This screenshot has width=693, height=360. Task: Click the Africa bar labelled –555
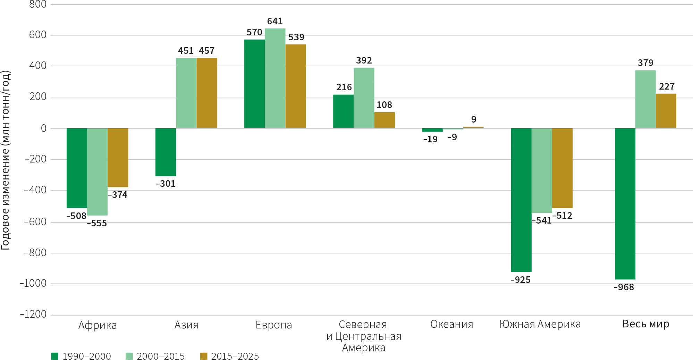97,171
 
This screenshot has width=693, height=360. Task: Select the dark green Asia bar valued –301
166,152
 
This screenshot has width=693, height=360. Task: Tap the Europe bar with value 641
275,78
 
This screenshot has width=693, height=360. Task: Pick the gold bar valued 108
384,120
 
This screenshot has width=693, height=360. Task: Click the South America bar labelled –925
521,200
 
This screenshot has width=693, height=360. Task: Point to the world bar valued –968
625,203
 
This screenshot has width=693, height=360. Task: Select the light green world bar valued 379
645,99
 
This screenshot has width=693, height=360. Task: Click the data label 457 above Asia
206,51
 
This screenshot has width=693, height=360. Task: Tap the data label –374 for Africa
118,195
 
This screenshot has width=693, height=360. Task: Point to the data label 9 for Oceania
474,119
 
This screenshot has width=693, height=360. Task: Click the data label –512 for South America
562,216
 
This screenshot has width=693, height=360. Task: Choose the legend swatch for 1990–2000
54,356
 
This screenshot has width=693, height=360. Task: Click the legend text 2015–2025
235,356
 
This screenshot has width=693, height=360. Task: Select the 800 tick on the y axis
38,5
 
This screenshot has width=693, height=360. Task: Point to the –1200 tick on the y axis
33,314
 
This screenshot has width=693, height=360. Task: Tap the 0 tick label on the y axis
43,128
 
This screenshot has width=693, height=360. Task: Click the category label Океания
451,324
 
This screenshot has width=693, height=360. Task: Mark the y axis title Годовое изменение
6,160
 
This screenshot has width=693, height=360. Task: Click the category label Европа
274,325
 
